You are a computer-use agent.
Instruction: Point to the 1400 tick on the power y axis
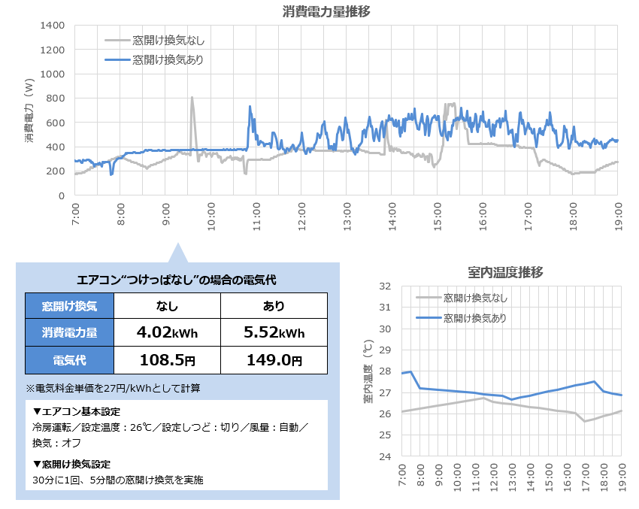(x=55, y=26)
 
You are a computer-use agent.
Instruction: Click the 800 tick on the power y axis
(x=58, y=98)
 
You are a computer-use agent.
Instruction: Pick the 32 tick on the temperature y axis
(x=385, y=286)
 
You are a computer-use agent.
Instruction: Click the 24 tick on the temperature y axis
(x=385, y=457)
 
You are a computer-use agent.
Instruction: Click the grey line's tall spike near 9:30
(x=192, y=98)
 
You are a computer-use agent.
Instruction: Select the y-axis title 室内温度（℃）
(x=368, y=371)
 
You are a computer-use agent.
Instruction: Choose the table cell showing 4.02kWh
(x=167, y=332)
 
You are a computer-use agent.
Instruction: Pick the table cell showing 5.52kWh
(x=274, y=332)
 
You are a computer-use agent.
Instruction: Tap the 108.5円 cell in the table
(x=167, y=360)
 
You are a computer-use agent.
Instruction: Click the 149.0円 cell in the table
(x=274, y=360)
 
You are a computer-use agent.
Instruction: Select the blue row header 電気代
(x=69, y=360)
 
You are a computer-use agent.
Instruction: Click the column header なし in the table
(x=167, y=306)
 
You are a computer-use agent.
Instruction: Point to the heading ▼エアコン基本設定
(x=77, y=412)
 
